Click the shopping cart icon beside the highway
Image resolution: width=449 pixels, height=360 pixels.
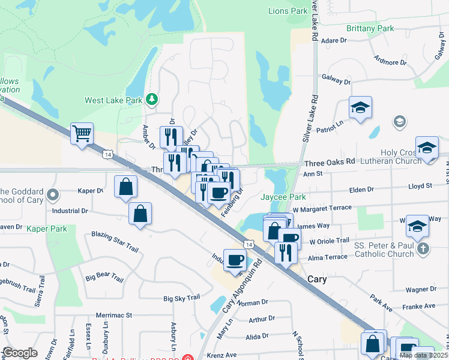click(82, 133)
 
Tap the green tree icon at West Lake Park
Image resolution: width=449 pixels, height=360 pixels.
click(153, 98)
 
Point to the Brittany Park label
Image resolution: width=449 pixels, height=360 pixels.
click(370, 28)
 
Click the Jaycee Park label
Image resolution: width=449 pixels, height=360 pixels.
click(283, 197)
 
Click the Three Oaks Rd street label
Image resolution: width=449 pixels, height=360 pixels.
click(330, 162)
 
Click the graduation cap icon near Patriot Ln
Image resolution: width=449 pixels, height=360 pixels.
click(361, 108)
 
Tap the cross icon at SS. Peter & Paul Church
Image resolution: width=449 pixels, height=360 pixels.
click(423, 248)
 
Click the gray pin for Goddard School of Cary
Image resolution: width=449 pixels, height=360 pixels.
click(53, 195)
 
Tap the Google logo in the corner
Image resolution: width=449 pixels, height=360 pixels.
click(20, 353)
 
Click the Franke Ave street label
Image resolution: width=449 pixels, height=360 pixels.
click(420, 305)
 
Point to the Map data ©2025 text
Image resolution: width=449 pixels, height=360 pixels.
click(423, 355)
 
